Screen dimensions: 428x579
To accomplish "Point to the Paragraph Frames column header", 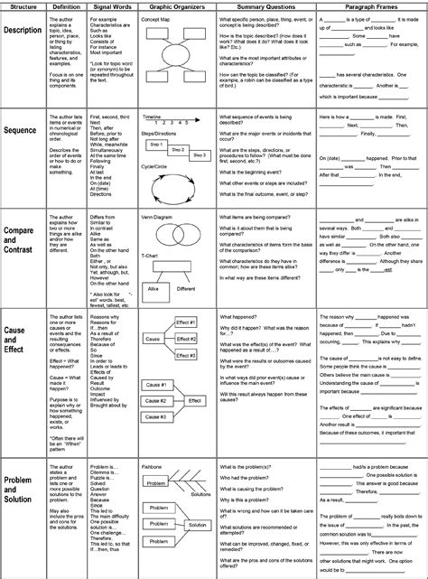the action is (x=370, y=7).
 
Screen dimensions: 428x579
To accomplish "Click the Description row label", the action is (x=23, y=30).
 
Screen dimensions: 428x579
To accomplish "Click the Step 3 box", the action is (x=199, y=155).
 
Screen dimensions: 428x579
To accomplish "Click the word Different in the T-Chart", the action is (x=186, y=290).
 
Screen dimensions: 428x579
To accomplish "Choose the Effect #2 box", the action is (x=186, y=339).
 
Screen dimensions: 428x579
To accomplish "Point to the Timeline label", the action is (x=153, y=117).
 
